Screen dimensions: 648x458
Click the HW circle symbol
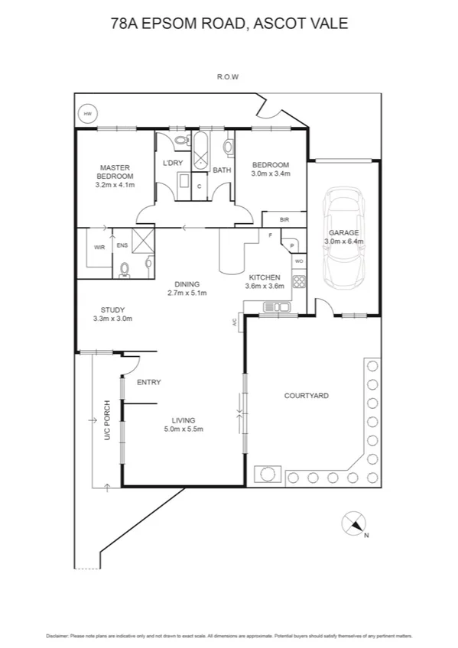click(x=87, y=114)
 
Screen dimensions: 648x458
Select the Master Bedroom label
click(x=115, y=172)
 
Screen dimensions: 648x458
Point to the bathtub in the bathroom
click(x=201, y=151)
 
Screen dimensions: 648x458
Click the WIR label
click(x=99, y=248)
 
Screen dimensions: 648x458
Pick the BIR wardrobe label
click(x=284, y=220)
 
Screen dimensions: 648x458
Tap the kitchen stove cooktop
click(x=299, y=281)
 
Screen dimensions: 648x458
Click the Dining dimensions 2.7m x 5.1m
click(x=187, y=293)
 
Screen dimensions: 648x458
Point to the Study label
click(x=113, y=309)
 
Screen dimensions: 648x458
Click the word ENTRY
click(x=148, y=382)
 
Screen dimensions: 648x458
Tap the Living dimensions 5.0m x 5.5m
click(x=184, y=429)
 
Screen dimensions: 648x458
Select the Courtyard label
click(x=306, y=396)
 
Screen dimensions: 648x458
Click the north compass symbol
click(x=353, y=524)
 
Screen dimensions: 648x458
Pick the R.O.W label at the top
click(x=228, y=77)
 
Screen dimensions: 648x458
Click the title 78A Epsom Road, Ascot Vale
click(x=229, y=24)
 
